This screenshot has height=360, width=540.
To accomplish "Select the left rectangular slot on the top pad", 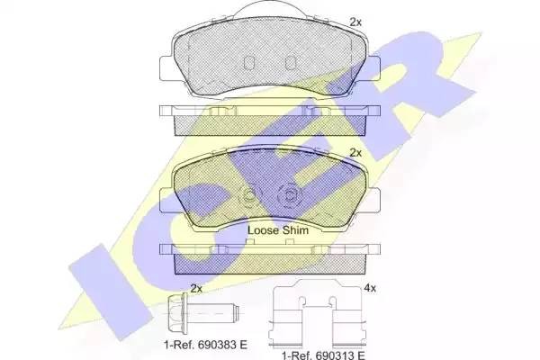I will click(x=252, y=63).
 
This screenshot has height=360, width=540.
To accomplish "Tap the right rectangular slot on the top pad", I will click(x=290, y=63).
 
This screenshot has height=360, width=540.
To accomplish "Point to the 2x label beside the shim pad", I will click(x=355, y=153).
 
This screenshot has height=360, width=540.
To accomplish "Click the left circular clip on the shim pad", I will click(x=249, y=194).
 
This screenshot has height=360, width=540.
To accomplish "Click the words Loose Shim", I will click(x=278, y=230).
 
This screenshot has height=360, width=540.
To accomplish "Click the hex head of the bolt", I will click(x=184, y=315).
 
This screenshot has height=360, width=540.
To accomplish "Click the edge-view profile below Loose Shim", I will click(x=270, y=256).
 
